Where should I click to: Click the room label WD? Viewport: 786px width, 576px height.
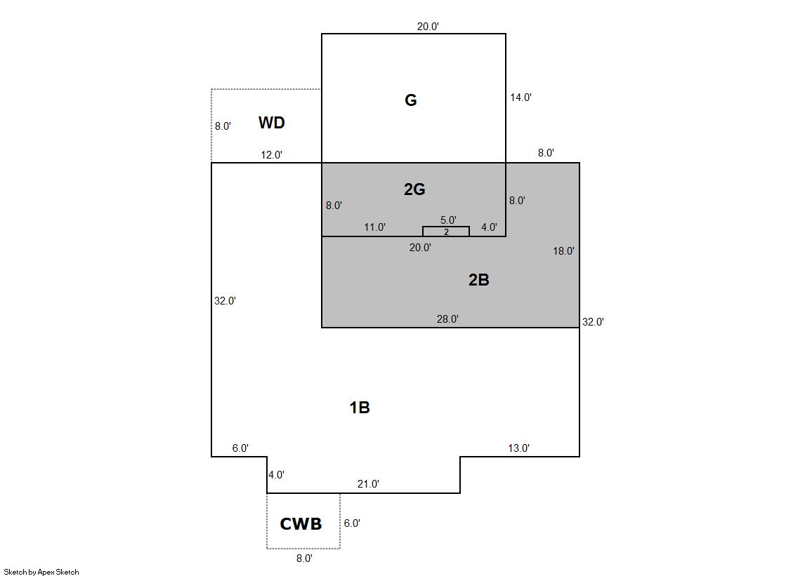[272, 123]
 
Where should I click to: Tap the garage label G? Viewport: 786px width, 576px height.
[410, 100]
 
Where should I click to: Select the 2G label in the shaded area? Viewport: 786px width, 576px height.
[414, 189]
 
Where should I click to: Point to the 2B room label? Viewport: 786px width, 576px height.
[479, 279]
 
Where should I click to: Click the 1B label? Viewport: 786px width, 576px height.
[360, 408]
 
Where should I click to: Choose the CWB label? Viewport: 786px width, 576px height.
[301, 524]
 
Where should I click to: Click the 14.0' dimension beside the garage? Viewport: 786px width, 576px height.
[520, 98]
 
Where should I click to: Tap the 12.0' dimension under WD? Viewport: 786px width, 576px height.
[271, 155]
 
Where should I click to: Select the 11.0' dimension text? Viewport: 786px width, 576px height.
[374, 227]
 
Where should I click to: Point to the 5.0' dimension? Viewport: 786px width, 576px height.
[448, 220]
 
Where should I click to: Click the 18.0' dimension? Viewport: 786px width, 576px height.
[563, 251]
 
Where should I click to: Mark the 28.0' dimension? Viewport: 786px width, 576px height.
[447, 319]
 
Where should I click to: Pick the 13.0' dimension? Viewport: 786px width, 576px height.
[519, 448]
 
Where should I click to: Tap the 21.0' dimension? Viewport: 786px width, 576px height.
[368, 484]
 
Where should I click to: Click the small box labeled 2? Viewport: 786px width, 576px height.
[446, 232]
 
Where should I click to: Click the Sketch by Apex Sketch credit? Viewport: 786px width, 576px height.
[41, 572]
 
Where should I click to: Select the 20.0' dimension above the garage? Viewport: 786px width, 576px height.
[428, 27]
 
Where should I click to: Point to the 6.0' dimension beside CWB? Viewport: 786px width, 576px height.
[352, 523]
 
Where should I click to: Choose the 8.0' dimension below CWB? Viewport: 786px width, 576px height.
[304, 558]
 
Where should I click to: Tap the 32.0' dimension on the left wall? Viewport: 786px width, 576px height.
[225, 301]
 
